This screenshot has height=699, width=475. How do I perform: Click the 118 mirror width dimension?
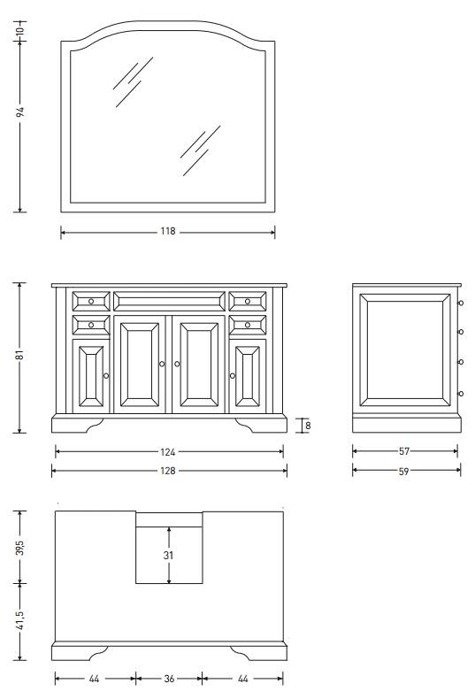(x=168, y=231)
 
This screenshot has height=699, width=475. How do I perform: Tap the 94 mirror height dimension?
(x=20, y=111)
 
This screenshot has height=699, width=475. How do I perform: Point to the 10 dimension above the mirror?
(x=20, y=31)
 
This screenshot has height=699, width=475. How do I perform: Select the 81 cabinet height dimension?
(x=19, y=356)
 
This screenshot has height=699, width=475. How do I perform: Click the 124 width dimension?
(x=168, y=452)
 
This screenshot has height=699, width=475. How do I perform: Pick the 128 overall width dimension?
(x=168, y=471)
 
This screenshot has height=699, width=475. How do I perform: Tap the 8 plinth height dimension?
(x=308, y=426)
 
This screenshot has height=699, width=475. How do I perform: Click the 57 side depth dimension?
(x=404, y=451)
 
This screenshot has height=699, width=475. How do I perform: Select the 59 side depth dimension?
(x=403, y=472)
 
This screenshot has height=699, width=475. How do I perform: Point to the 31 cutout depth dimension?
(x=168, y=556)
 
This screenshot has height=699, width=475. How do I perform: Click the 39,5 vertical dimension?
(x=20, y=548)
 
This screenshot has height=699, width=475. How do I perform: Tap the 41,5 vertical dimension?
(x=20, y=620)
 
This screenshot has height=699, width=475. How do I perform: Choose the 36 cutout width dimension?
(x=169, y=679)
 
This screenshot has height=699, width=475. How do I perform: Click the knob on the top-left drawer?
(x=91, y=302)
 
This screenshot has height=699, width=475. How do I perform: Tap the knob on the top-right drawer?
(x=248, y=302)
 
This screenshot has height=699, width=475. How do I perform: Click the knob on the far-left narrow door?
(x=106, y=376)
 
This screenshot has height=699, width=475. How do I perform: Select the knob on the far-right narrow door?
(x=232, y=376)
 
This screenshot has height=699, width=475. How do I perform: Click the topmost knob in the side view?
(x=461, y=303)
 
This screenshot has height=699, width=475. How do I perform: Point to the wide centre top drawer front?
(x=169, y=302)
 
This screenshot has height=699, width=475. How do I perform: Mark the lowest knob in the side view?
(x=461, y=394)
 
